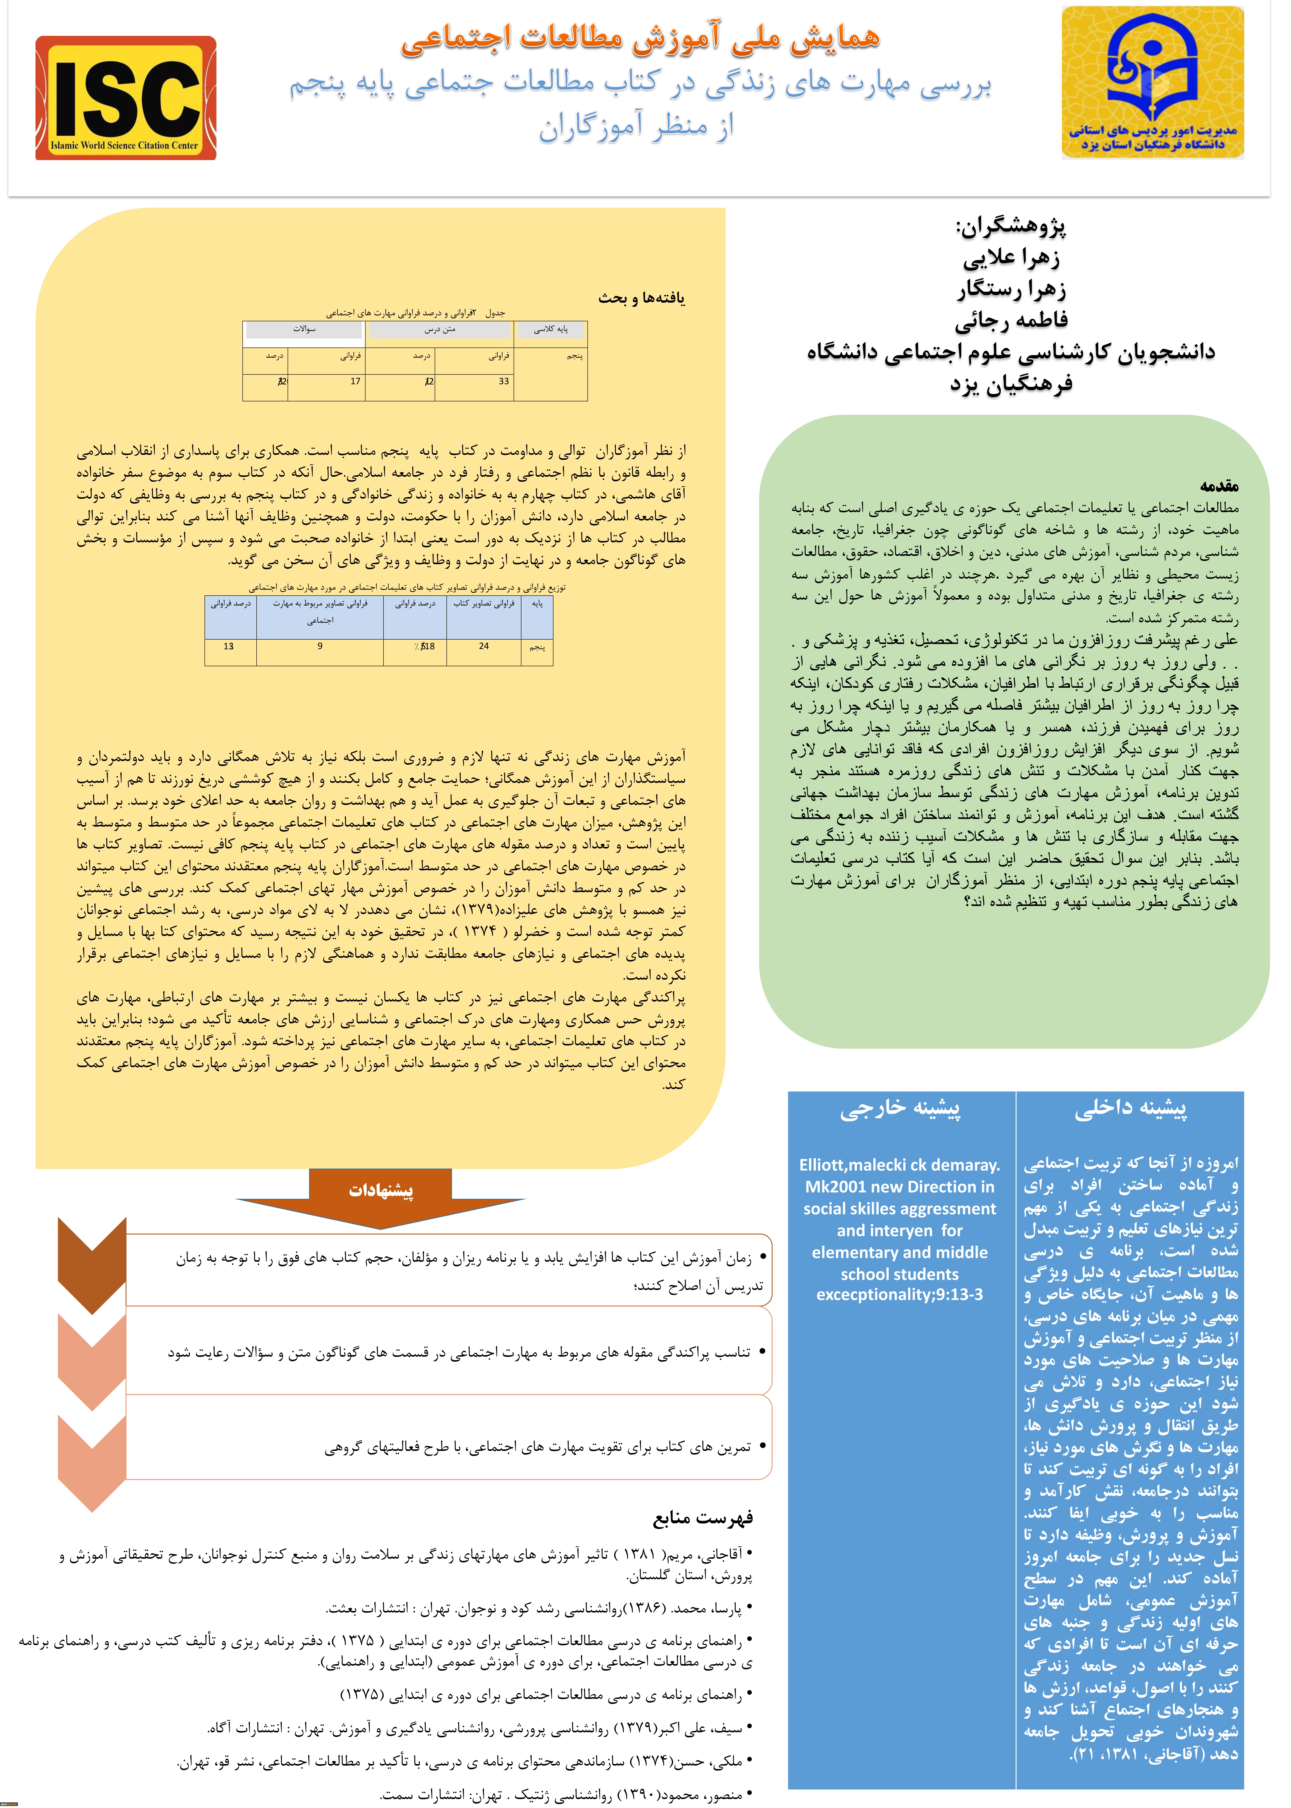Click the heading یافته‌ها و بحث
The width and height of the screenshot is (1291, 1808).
click(x=642, y=298)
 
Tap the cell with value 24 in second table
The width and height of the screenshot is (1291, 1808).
click(x=483, y=646)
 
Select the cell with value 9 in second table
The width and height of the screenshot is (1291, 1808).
click(x=320, y=646)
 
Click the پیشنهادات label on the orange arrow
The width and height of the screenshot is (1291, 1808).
click(x=381, y=1190)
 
